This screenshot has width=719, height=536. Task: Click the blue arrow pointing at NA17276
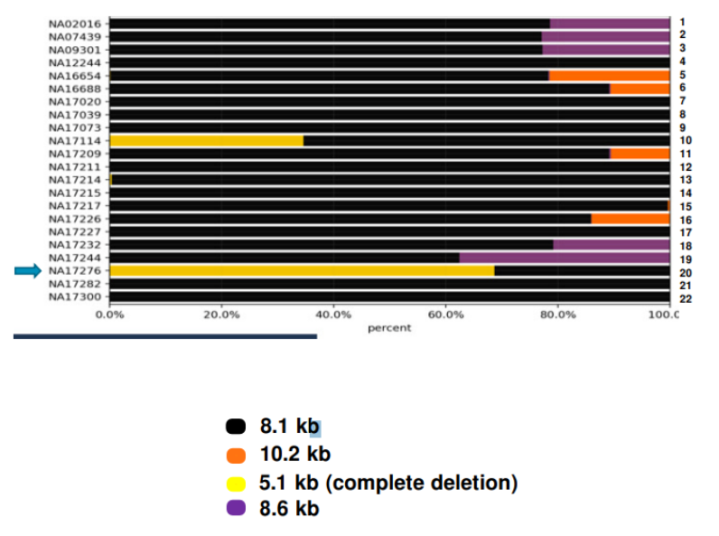pyautogui.click(x=28, y=270)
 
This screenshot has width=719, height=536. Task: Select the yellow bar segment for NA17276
pyautogui.click(x=302, y=271)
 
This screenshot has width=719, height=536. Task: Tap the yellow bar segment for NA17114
pyautogui.click(x=206, y=141)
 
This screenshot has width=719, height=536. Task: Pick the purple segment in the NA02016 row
pyautogui.click(x=609, y=24)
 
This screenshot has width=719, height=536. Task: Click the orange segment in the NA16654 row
pyautogui.click(x=609, y=76)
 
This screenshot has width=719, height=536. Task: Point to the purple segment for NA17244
pyautogui.click(x=564, y=258)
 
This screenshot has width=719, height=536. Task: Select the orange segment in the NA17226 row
pyautogui.click(x=630, y=219)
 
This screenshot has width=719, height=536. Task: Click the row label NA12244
pyautogui.click(x=76, y=62)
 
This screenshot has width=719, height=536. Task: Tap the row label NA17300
pyautogui.click(x=76, y=296)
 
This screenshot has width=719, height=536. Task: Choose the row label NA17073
pyautogui.click(x=76, y=127)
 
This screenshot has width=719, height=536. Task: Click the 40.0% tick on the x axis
pyautogui.click(x=333, y=315)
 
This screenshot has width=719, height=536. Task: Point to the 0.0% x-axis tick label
pyautogui.click(x=109, y=315)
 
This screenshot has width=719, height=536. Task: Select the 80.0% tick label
pyautogui.click(x=557, y=315)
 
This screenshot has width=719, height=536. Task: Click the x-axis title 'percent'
pyautogui.click(x=389, y=327)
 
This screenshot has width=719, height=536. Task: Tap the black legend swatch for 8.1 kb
pyautogui.click(x=236, y=427)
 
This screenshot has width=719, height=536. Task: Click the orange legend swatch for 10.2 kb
pyautogui.click(x=236, y=455)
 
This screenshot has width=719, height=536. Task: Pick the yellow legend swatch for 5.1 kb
pyautogui.click(x=236, y=483)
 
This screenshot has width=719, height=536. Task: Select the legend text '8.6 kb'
pyautogui.click(x=289, y=508)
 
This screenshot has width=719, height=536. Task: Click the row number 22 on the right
pyautogui.click(x=684, y=297)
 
